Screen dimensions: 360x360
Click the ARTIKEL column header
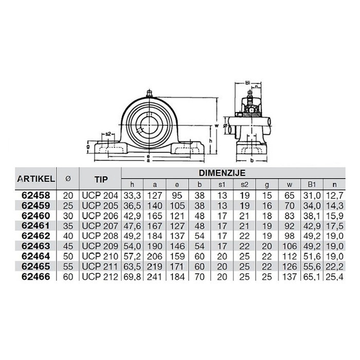pyautogui.click(x=36, y=179)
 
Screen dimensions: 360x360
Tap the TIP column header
pyautogui.click(x=100, y=179)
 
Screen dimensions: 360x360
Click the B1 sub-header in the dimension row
pyautogui.click(x=312, y=184)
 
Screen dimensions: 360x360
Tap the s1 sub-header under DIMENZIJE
pyautogui.click(x=222, y=184)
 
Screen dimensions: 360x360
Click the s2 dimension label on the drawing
pyautogui.click(x=109, y=135)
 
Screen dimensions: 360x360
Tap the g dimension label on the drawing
pyautogui.click(x=88, y=146)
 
